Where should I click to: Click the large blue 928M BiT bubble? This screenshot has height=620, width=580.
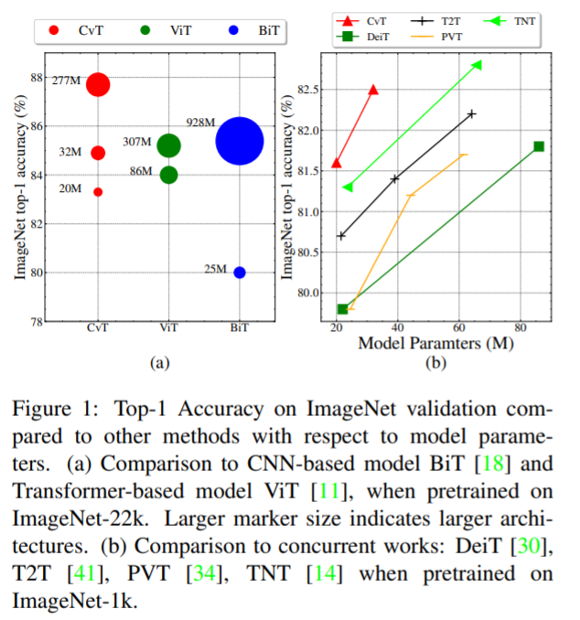pos(240,141)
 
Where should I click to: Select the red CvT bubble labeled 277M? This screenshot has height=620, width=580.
pos(98,85)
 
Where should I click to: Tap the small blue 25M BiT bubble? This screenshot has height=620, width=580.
pos(240,273)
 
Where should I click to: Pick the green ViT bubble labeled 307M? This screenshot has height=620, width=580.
pos(168,145)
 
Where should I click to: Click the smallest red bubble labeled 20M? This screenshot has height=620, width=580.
pos(98,192)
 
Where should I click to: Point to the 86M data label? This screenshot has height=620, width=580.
pos(141,171)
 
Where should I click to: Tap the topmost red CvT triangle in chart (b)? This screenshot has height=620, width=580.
pos(373,90)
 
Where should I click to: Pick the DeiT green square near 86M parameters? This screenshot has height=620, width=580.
pos(539,146)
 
